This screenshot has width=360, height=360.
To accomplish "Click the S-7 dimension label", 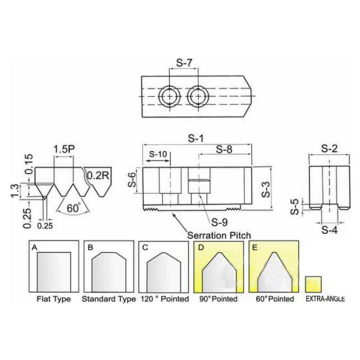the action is click(x=184, y=63).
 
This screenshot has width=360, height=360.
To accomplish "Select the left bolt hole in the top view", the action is click(x=169, y=96).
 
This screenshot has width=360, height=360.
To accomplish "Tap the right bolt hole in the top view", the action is click(x=198, y=96).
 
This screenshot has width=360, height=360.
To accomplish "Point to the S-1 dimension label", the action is click(x=196, y=138).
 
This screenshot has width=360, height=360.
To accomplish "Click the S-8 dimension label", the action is click(x=224, y=150).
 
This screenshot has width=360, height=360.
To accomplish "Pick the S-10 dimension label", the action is click(x=158, y=154).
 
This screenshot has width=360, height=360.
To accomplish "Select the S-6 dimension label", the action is click(x=132, y=179).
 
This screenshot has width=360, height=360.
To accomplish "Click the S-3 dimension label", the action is click(x=266, y=190).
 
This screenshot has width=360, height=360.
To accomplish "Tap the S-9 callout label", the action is click(x=220, y=222).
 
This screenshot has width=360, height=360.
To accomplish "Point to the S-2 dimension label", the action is click(x=330, y=149).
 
